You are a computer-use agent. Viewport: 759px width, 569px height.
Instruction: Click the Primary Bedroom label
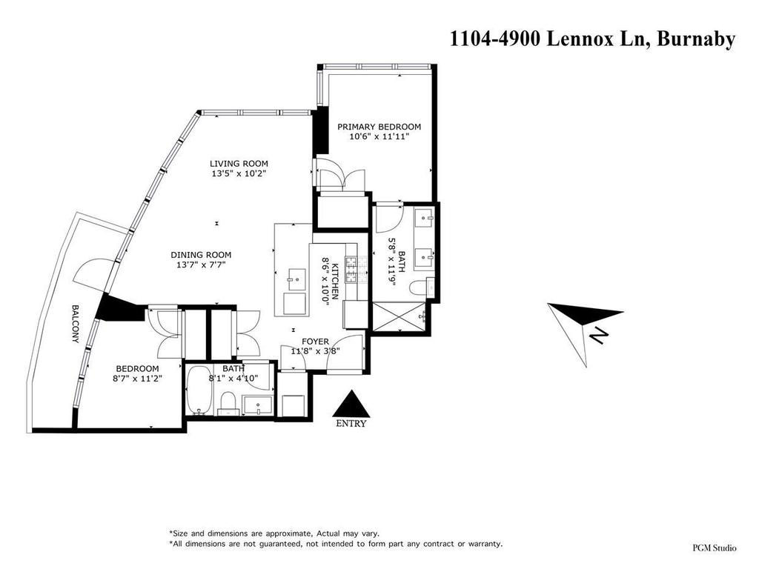[379, 126]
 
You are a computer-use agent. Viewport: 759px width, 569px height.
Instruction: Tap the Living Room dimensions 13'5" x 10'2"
[238, 173]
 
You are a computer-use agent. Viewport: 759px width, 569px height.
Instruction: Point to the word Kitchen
[335, 275]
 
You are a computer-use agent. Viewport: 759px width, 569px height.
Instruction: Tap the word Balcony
[75, 324]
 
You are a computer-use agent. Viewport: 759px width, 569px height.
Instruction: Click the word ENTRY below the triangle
[351, 424]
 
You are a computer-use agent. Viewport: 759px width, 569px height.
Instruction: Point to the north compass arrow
[585, 318]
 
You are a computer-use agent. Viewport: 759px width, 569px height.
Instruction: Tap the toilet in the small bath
[230, 404]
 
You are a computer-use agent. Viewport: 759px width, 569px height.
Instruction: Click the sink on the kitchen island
[294, 278]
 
